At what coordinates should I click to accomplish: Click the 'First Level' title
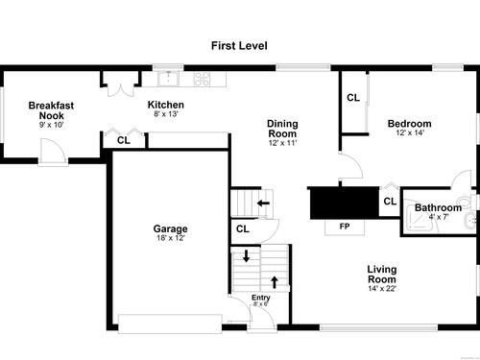click(239, 45)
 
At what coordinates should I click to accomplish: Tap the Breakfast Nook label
click(51, 110)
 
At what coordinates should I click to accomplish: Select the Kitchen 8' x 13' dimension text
click(166, 114)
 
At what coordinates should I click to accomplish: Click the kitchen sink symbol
click(168, 79)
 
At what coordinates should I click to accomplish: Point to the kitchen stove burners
click(203, 79)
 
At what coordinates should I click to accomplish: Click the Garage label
click(170, 228)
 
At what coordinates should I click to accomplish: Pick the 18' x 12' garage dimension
click(171, 238)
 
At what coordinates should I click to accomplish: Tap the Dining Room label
click(282, 129)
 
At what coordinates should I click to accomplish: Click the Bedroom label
click(409, 124)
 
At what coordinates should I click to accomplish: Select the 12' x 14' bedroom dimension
click(410, 132)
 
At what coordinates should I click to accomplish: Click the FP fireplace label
click(345, 227)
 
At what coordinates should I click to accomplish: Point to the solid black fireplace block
click(345, 204)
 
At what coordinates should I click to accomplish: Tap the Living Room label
click(382, 275)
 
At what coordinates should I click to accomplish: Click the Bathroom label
click(438, 207)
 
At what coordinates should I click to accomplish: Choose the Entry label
click(261, 298)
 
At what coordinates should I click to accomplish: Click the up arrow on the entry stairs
click(275, 282)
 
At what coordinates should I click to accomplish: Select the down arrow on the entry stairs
click(246, 256)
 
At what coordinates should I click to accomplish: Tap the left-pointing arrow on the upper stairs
click(263, 203)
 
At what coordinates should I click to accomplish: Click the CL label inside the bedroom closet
click(353, 98)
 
